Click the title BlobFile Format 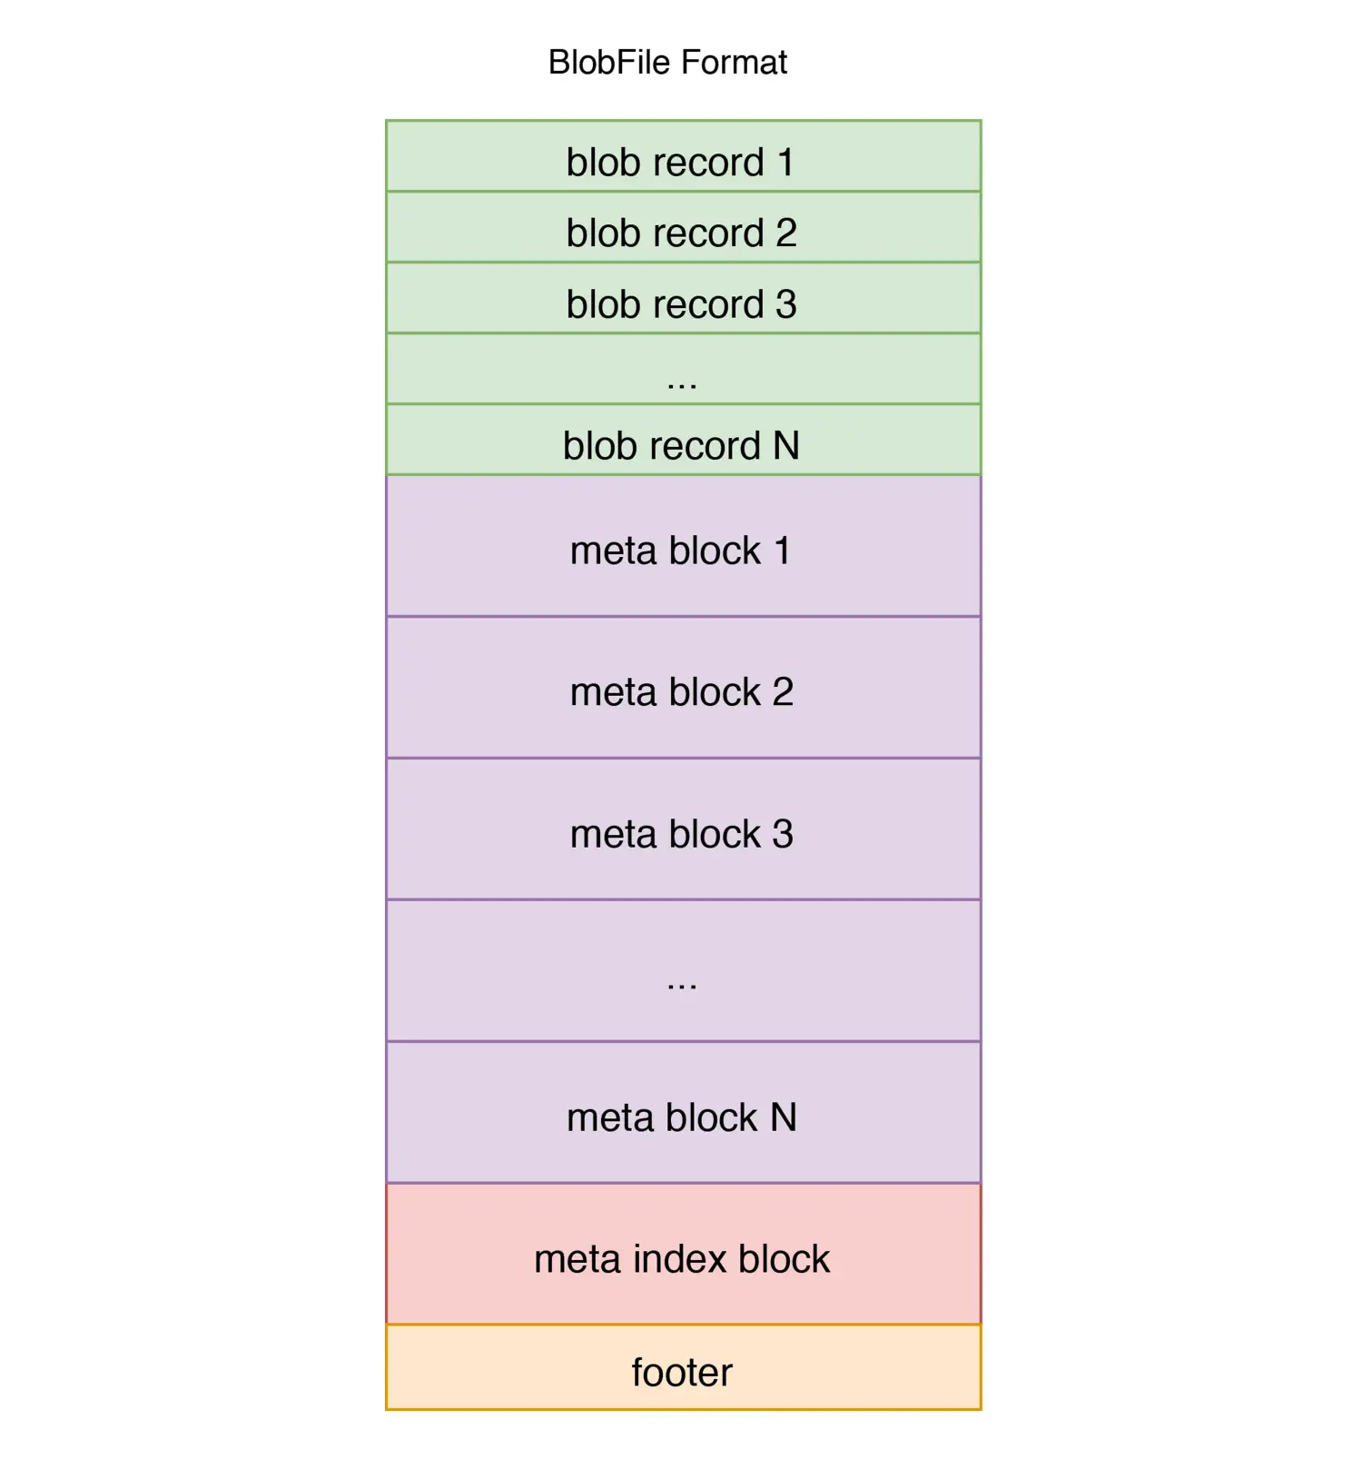tap(667, 63)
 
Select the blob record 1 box tap(683, 156)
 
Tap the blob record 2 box tap(683, 227)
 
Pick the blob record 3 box tap(683, 298)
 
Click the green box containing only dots tap(683, 369)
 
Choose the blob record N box tap(683, 440)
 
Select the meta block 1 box tap(683, 546)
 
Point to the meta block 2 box tap(683, 688)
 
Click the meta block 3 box tap(683, 829)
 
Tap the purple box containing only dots tap(683, 971)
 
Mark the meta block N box tap(683, 1113)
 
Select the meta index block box tap(683, 1255)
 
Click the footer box tap(683, 1368)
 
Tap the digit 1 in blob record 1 tap(785, 163)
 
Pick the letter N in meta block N tap(784, 1117)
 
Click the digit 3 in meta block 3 tap(783, 834)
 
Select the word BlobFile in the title tap(610, 63)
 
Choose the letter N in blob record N tap(786, 446)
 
